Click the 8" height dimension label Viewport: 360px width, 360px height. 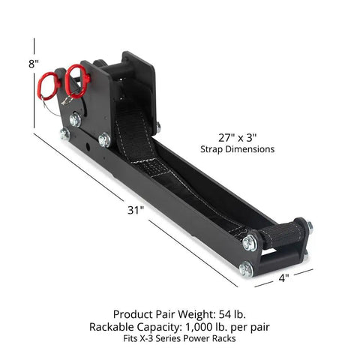point(34,64)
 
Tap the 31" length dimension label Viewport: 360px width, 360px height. point(136,210)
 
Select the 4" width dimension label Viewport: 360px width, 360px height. point(283,277)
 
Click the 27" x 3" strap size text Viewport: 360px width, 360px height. point(238,138)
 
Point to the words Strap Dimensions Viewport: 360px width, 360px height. point(237,149)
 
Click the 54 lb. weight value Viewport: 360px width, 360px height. point(232,314)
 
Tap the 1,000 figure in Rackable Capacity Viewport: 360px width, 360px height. point(196,327)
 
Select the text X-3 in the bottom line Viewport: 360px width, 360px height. point(148,338)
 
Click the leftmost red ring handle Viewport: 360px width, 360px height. point(48,85)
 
